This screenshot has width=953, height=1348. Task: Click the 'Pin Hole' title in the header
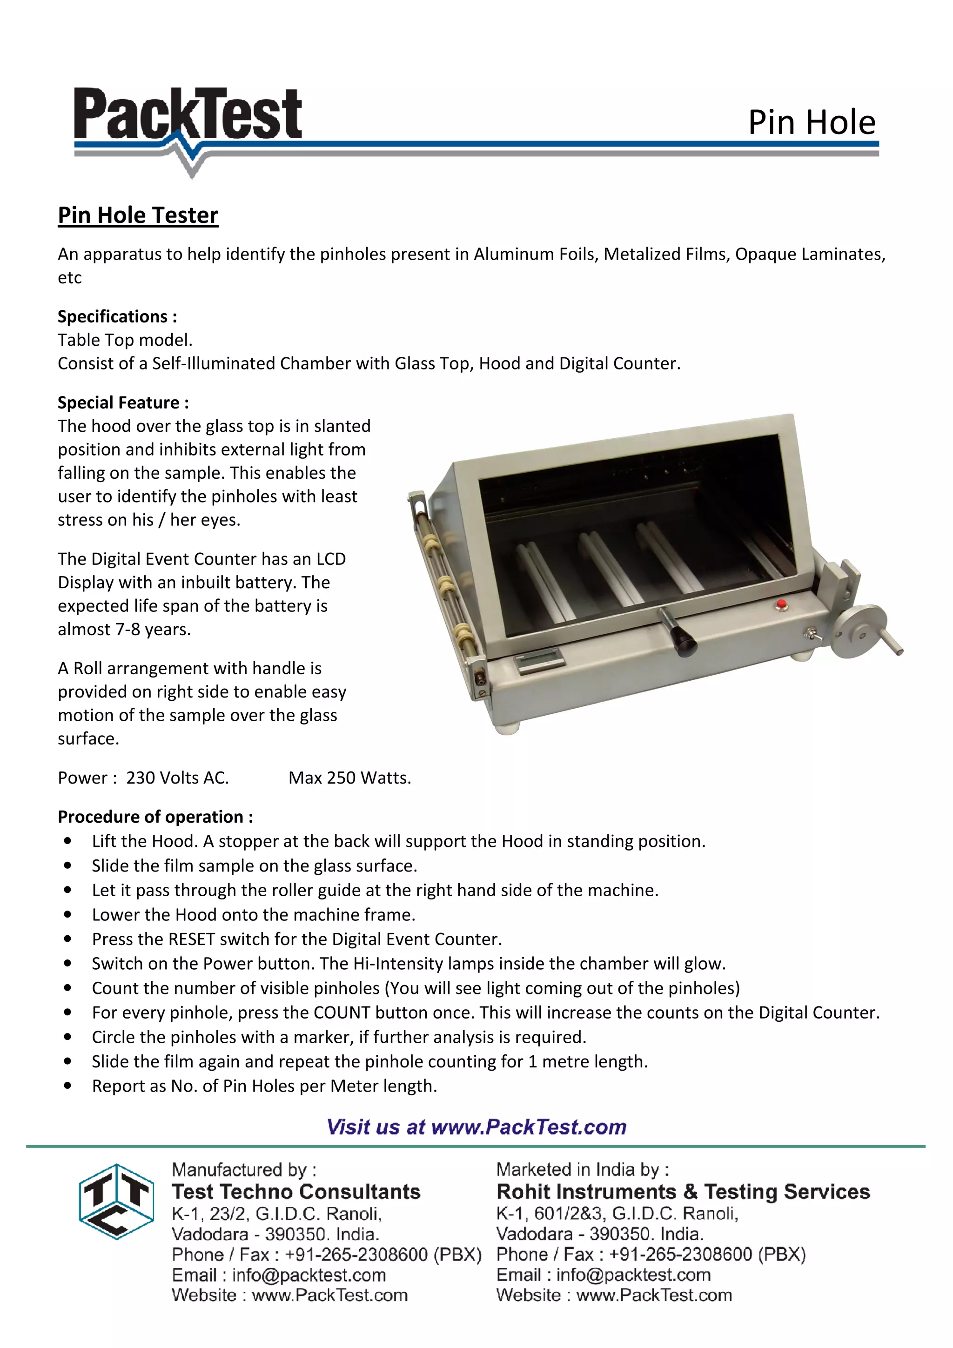coord(812,123)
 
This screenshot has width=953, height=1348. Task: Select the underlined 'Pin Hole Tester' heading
coord(138,215)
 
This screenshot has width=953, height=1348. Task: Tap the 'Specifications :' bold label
coord(117,316)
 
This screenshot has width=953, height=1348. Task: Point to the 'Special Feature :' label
coord(123,403)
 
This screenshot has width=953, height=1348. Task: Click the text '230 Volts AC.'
coord(177,778)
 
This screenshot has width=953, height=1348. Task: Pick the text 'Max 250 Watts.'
coord(349,778)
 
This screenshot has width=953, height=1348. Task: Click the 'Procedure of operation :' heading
coord(155,817)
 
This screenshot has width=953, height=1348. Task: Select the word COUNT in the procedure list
coord(342,1013)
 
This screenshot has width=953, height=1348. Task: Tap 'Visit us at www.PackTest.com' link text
coord(476,1127)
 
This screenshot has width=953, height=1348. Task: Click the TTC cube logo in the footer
coord(116,1201)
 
